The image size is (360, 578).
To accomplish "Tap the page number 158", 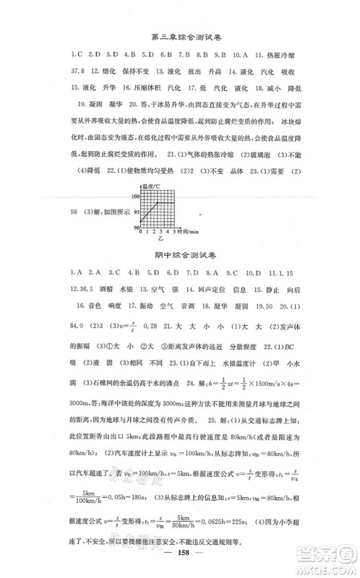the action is [179, 561].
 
